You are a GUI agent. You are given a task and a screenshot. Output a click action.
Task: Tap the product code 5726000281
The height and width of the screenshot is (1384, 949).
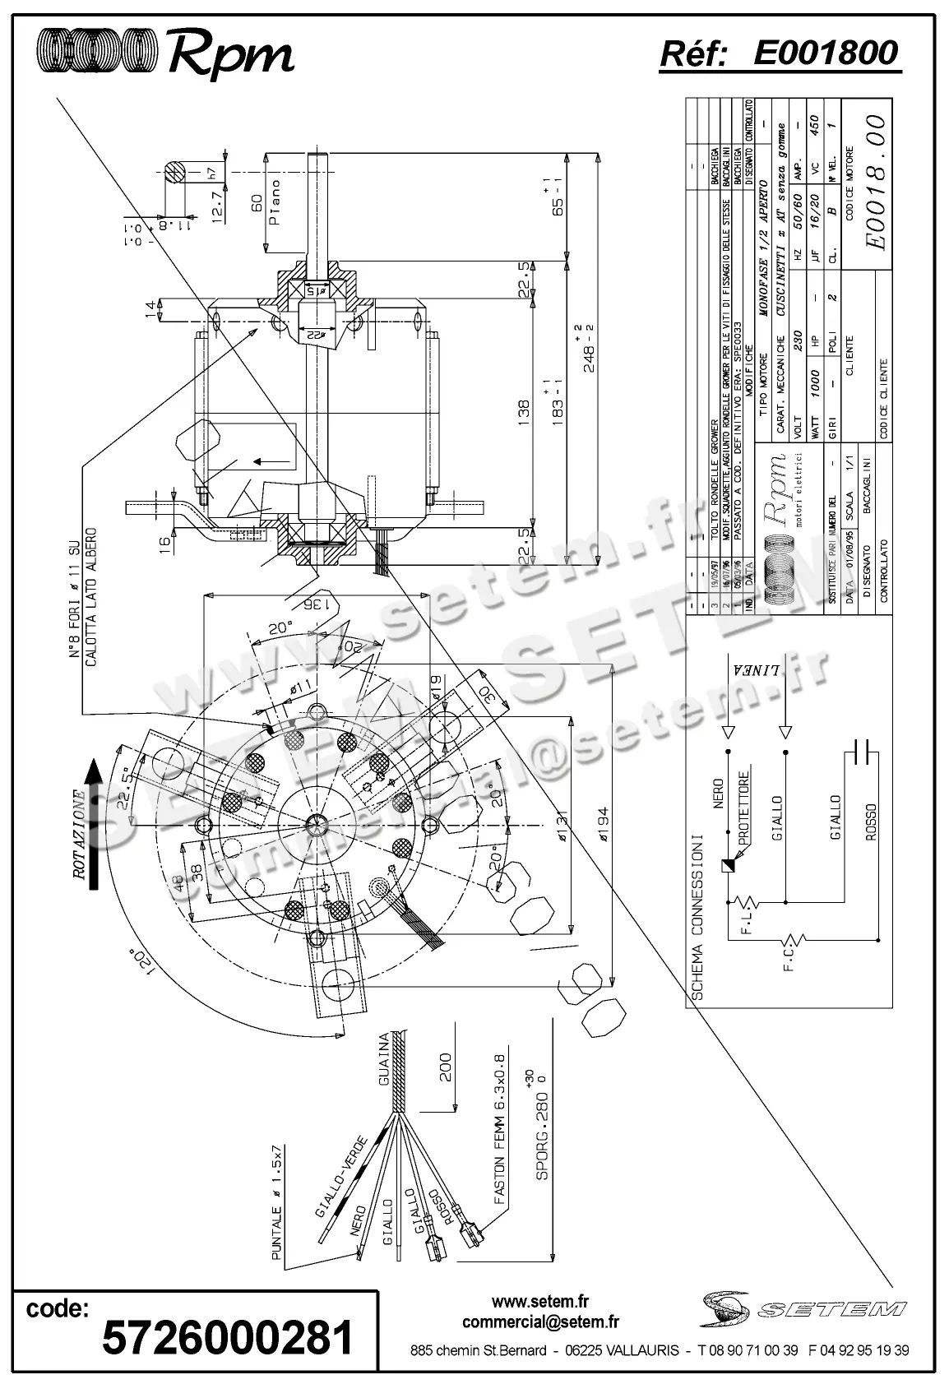click(228, 1338)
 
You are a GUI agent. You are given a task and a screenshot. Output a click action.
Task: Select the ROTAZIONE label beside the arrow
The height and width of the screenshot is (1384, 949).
click(79, 834)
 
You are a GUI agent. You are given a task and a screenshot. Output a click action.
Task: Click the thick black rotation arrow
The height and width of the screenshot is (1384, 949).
click(95, 823)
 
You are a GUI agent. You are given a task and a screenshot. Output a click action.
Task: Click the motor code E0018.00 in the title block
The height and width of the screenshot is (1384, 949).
click(877, 183)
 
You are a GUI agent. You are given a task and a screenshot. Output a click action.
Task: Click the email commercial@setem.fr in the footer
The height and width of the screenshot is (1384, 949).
click(540, 1322)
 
